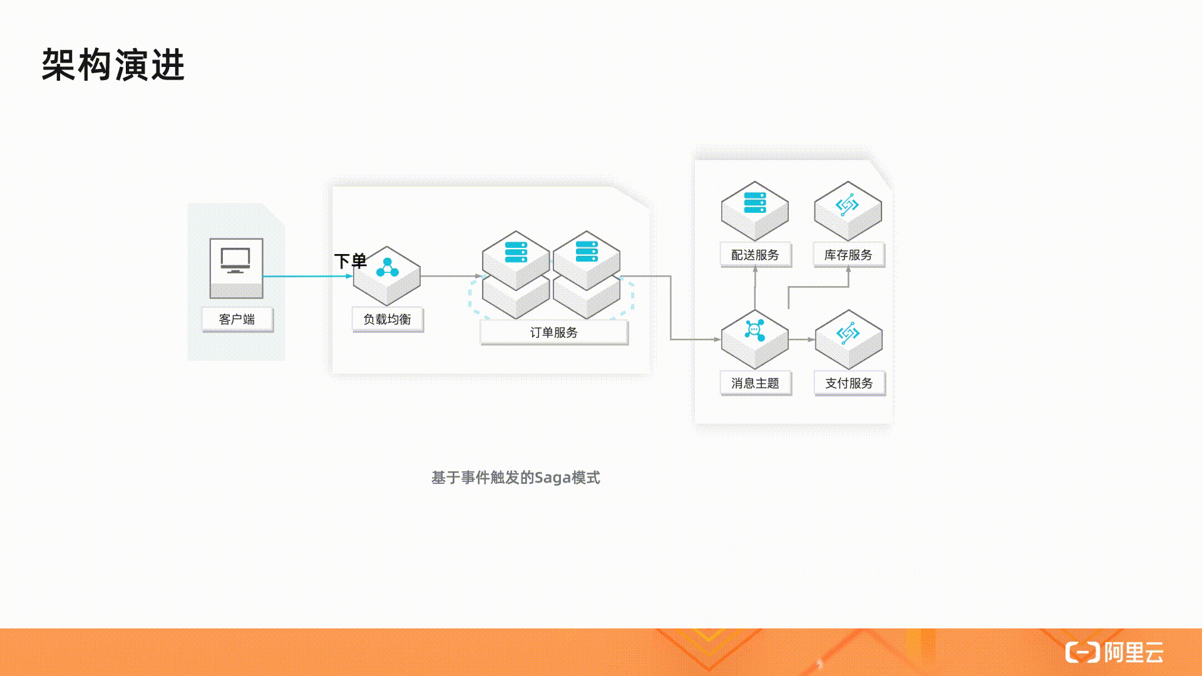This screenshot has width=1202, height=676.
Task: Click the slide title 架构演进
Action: [113, 64]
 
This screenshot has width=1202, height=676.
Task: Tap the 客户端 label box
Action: [237, 319]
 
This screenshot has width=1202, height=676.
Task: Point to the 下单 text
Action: [350, 261]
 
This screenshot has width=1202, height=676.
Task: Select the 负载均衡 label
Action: [388, 319]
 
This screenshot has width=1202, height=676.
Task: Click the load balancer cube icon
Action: [387, 275]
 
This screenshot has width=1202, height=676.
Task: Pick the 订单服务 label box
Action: [554, 332]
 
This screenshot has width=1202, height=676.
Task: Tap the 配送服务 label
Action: [756, 255]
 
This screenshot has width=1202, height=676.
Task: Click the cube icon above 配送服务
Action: [754, 210]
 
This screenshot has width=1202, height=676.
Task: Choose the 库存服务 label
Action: [849, 255]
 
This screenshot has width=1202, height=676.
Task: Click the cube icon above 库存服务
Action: [848, 210]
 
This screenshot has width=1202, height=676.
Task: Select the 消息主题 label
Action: [756, 383]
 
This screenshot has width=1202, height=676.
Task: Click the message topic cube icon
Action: [754, 339]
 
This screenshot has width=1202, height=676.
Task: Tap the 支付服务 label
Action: [850, 383]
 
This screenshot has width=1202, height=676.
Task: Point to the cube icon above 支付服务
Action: [848, 339]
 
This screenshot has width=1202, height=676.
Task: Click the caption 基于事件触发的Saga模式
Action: [516, 478]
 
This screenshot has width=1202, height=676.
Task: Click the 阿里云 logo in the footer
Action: [1114, 652]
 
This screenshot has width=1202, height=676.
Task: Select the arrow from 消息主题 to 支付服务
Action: [802, 339]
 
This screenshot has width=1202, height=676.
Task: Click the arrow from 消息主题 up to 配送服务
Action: [755, 288]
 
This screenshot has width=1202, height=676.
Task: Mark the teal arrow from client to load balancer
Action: [307, 276]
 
